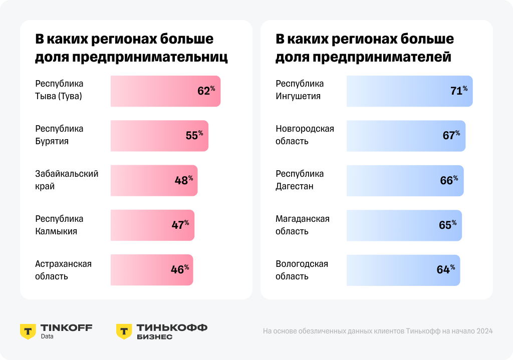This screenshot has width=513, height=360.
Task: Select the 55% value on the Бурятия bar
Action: coord(194,136)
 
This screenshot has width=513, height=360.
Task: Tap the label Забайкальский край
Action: coord(67,180)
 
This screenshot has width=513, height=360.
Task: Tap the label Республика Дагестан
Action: coord(300,180)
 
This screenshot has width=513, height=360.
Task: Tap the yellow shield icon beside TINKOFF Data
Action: coord(28,331)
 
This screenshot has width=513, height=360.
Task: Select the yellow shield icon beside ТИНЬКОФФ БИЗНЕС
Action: coord(124,331)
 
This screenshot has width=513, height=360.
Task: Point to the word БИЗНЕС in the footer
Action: coord(154,337)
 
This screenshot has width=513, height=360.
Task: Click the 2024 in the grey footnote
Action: coord(484,331)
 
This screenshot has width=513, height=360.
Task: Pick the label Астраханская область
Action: coord(63,270)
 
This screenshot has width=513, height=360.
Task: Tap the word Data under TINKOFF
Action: coord(47,336)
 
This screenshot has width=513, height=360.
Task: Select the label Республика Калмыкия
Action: coord(59,225)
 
